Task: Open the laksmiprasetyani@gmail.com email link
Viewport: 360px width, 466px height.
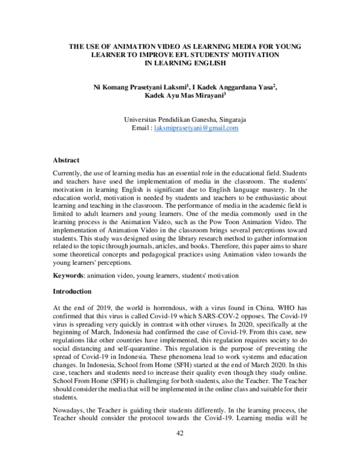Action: (x=196, y=128)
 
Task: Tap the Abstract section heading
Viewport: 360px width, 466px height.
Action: (x=66, y=161)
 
